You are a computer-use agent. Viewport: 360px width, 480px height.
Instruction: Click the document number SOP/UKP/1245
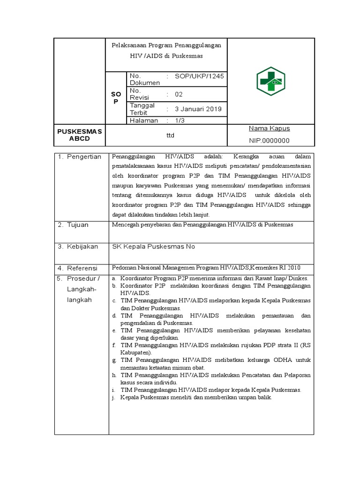pos(199,76)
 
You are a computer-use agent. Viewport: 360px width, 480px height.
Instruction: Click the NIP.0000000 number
pos(270,141)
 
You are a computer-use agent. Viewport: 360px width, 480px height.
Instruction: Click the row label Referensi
pos(82,268)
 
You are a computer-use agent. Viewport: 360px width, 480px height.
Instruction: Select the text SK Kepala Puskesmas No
pos(153,246)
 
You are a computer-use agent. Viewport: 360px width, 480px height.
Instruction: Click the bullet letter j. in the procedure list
pos(113,397)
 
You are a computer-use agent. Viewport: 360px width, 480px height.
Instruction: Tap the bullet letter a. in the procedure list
pos(114,278)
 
